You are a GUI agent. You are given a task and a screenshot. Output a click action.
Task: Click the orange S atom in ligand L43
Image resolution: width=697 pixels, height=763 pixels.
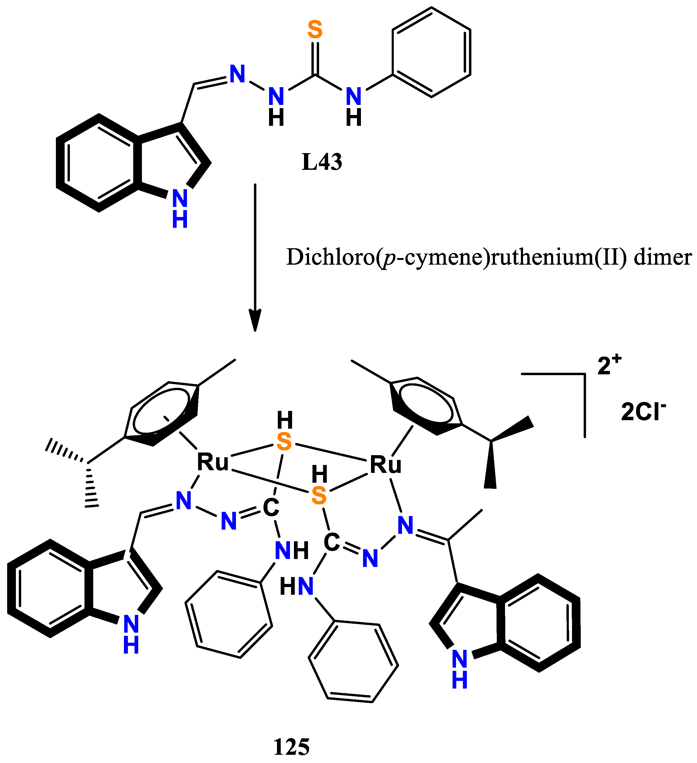(315, 29)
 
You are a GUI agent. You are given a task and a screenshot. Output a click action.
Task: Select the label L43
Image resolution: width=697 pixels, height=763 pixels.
(322, 162)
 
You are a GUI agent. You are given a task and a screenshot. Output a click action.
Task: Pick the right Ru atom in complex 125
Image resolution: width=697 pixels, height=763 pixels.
(385, 465)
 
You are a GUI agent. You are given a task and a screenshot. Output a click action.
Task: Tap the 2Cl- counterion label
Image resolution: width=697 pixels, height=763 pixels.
(643, 412)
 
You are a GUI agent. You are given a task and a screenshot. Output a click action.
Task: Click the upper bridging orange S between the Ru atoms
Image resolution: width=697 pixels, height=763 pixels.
(284, 442)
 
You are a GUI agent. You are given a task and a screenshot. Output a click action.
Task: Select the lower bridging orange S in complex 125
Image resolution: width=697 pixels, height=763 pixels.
(319, 496)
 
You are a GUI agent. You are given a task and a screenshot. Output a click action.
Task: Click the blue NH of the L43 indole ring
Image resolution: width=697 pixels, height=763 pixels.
(180, 208)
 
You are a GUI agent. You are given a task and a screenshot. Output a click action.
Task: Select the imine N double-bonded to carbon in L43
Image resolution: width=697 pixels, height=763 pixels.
(237, 74)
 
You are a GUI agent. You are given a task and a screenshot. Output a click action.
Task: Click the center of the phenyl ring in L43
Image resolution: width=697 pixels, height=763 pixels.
(431, 52)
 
